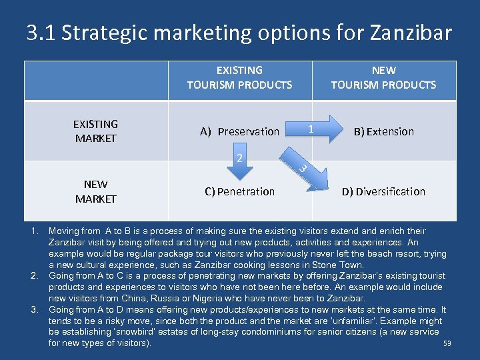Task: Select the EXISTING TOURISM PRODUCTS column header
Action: point(239,77)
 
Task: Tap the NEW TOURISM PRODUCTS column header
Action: point(383,77)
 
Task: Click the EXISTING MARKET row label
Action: point(95,131)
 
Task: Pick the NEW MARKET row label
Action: point(95,191)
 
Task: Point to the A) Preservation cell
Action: point(239,131)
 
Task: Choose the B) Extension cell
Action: point(383,131)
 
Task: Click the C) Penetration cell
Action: point(239,191)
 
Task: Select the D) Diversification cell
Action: point(383,191)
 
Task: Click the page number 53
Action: point(447,344)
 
